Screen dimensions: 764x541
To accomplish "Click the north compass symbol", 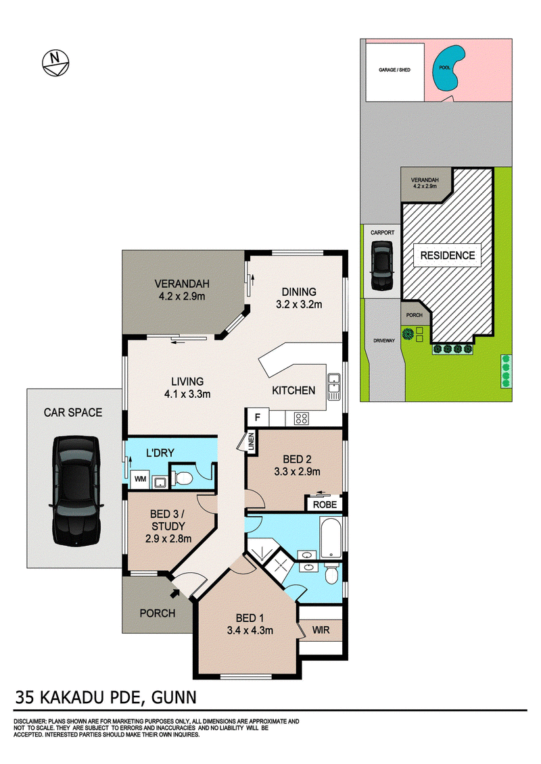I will pyautogui.click(x=56, y=63).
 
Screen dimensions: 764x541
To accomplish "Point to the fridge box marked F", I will pyautogui.click(x=258, y=417).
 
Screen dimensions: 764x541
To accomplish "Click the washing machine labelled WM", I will pyautogui.click(x=141, y=479).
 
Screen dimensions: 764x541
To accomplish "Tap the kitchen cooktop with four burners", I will pyautogui.click(x=302, y=419).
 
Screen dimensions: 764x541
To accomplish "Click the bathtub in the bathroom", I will pyautogui.click(x=331, y=538).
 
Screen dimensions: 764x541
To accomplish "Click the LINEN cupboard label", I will pyautogui.click(x=252, y=440).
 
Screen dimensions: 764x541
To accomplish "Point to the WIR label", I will pyautogui.click(x=321, y=630).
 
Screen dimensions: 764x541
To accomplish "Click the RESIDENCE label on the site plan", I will pyautogui.click(x=448, y=256).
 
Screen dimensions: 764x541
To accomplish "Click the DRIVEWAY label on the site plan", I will pyautogui.click(x=383, y=341).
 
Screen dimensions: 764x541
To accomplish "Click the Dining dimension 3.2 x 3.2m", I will pyautogui.click(x=299, y=305).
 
